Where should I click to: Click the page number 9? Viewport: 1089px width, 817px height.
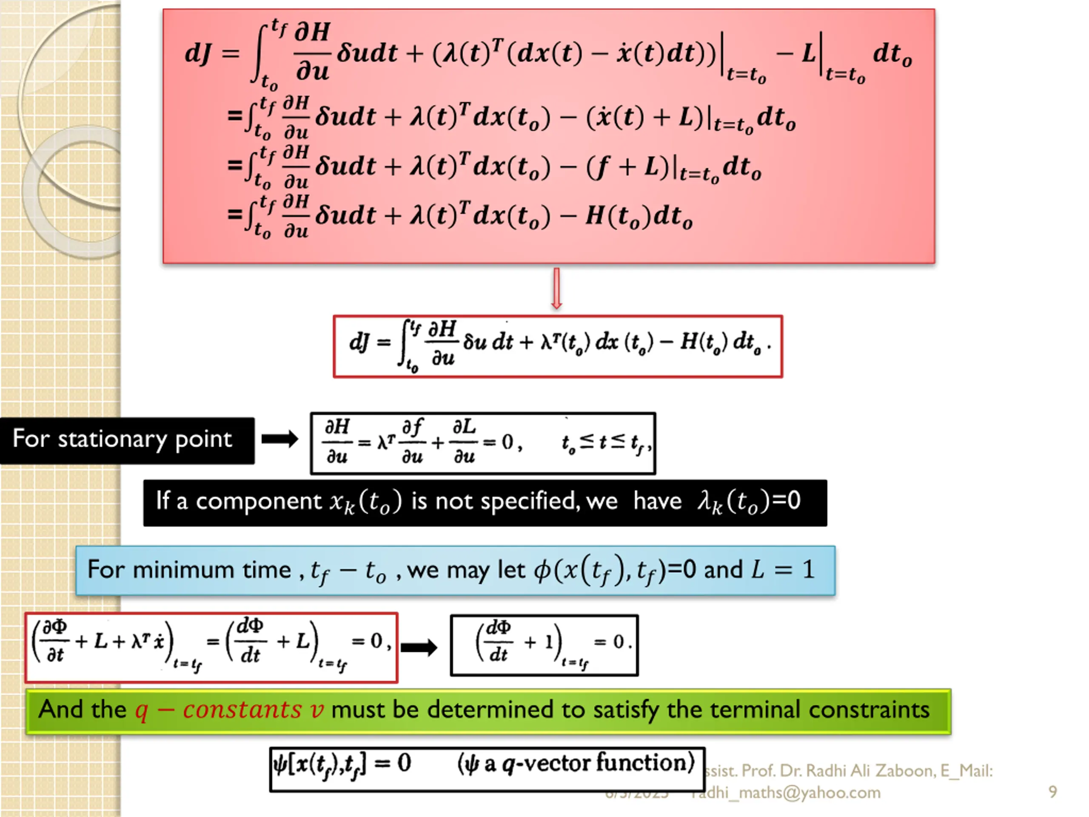pos(1052,791)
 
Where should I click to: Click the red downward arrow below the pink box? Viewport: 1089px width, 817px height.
pos(556,289)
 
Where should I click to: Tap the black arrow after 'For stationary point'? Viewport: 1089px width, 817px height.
pos(279,439)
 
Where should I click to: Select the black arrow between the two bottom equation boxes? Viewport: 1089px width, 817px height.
pos(419,647)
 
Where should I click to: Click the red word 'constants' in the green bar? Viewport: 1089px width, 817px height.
pos(242,710)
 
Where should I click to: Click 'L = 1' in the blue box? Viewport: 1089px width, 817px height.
pos(783,570)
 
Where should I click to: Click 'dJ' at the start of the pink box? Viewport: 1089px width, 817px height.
pos(198,53)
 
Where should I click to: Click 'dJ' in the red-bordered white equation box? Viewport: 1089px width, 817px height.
pos(359,342)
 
